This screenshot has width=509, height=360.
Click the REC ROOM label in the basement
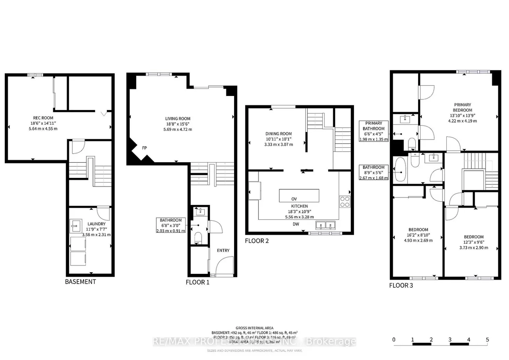(43, 118)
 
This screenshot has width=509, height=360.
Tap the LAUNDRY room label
(96, 224)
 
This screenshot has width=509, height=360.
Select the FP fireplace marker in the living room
(144, 148)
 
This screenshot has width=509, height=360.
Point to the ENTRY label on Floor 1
(224, 251)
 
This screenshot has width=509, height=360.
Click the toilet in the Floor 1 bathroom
(198, 237)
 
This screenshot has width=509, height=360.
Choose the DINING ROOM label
(278, 134)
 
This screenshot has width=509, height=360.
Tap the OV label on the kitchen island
(294, 198)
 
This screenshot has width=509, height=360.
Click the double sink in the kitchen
(326, 226)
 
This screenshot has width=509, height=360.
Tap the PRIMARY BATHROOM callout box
(374, 131)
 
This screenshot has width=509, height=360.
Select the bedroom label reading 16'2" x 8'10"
(418, 230)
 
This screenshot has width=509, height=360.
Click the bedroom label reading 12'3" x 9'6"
(473, 237)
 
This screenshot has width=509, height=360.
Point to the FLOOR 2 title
(257, 241)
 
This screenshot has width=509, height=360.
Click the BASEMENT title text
(80, 282)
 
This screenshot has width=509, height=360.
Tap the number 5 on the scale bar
(487, 340)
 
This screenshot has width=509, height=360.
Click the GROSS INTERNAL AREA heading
(254, 328)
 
